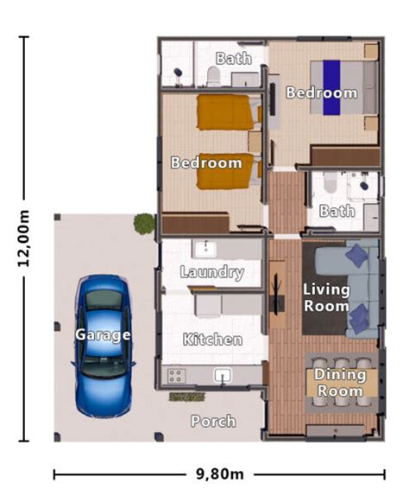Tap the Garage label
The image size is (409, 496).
[103, 334]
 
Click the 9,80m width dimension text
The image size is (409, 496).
[219, 474]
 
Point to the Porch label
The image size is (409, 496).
[213, 421]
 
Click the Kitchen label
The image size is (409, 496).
[212, 340]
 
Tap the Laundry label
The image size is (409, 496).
[212, 272]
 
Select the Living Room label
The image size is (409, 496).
[327, 297]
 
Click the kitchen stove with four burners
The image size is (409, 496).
[175, 375]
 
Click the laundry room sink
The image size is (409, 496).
[205, 249]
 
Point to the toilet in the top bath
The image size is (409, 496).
[213, 77]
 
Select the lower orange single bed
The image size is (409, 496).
[226, 171]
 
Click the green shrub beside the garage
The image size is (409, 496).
[143, 224]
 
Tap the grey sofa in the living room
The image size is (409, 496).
[361, 289]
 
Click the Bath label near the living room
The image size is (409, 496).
[337, 211]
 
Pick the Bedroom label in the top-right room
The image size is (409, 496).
[322, 92]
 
